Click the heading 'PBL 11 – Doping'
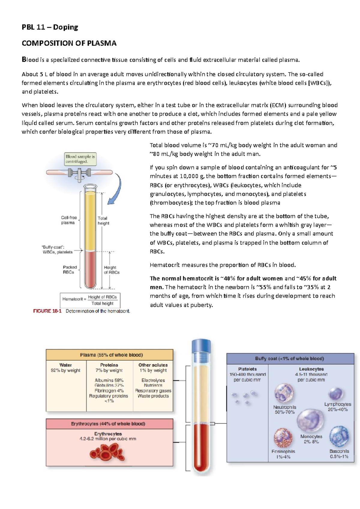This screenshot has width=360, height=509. [50, 27]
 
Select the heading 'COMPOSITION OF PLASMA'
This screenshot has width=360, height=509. [69, 43]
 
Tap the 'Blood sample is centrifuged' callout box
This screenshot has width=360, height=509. [80, 159]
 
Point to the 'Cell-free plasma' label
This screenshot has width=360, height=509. [69, 220]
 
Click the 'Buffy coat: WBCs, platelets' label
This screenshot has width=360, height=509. [57, 249]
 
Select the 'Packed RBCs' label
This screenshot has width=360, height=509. [70, 269]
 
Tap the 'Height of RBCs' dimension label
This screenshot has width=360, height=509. [111, 270]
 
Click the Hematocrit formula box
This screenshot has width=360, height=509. [90, 300]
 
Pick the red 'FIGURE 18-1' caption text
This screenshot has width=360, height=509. [47, 311]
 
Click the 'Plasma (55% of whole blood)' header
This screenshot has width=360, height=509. [109, 355]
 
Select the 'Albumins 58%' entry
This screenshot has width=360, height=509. [109, 380]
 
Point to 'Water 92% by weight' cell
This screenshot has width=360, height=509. [66, 368]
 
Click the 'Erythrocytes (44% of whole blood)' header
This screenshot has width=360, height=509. [109, 424]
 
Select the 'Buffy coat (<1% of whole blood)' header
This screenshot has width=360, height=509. [289, 359]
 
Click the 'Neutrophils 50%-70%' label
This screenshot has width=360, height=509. [284, 409]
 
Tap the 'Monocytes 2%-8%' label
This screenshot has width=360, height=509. [311, 439]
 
